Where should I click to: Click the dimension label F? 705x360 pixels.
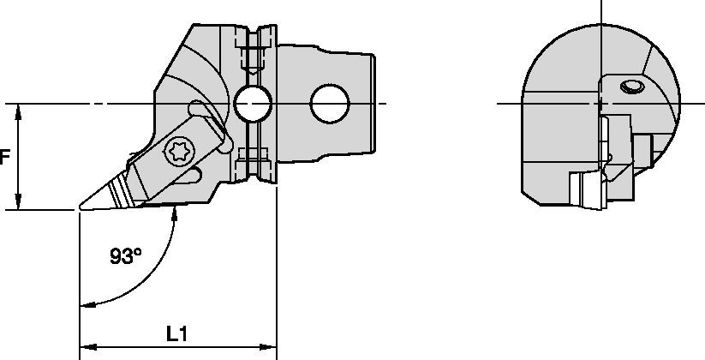click(5, 158)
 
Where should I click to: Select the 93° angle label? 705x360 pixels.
click(126, 255)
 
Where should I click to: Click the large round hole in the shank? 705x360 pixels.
click(331, 105)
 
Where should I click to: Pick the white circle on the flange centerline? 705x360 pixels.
click(251, 105)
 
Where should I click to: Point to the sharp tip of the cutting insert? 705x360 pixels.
click(80, 208)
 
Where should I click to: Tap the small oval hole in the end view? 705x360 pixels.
click(631, 86)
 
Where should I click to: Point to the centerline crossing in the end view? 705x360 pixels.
click(603, 105)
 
